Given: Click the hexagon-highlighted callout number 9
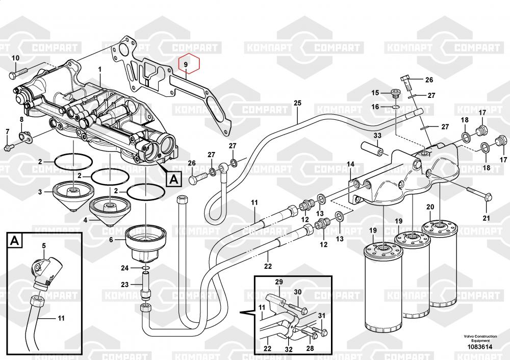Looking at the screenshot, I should (x=186, y=64).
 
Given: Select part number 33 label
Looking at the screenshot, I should (x=377, y=136).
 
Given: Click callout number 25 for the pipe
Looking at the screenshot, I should (x=298, y=103).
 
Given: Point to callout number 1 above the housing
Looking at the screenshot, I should (x=100, y=69).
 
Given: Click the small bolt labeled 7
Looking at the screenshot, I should (x=9, y=148).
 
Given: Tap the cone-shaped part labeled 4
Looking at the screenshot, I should (x=110, y=210).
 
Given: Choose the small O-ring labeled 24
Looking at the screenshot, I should (x=145, y=269).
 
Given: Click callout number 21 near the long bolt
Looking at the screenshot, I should (x=486, y=218).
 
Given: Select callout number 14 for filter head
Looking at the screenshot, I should (x=350, y=164).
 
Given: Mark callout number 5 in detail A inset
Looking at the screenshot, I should (x=44, y=246).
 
